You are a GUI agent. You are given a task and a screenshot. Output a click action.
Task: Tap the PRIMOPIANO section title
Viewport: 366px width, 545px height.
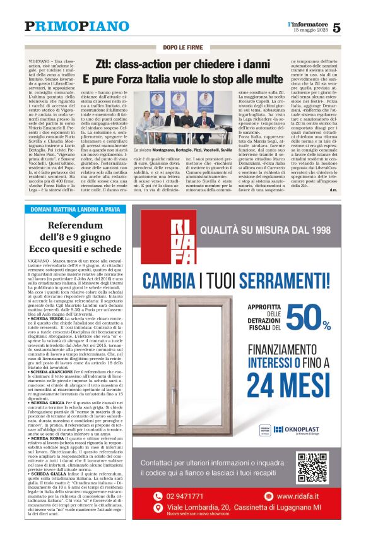click(76, 26)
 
